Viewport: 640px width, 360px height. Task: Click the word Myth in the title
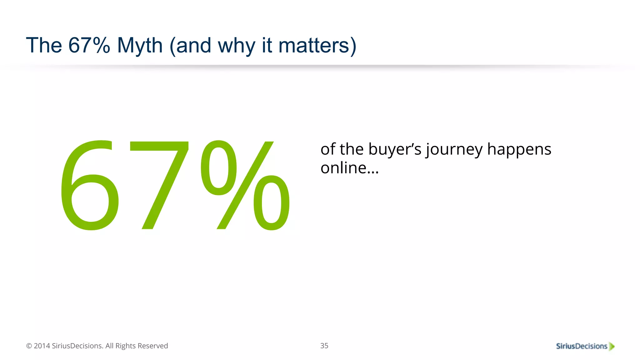pos(140,46)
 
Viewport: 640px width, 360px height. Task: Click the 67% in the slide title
pos(89,45)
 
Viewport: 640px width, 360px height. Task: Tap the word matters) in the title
pos(317,46)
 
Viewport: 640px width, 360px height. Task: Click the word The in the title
pos(44,45)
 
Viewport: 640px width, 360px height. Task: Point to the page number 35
pos(324,346)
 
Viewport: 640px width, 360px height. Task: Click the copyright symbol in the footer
pos(29,346)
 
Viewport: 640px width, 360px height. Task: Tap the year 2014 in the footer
pos(42,346)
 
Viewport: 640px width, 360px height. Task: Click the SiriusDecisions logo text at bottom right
pos(581,346)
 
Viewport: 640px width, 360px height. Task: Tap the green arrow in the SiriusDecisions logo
pos(612,346)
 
